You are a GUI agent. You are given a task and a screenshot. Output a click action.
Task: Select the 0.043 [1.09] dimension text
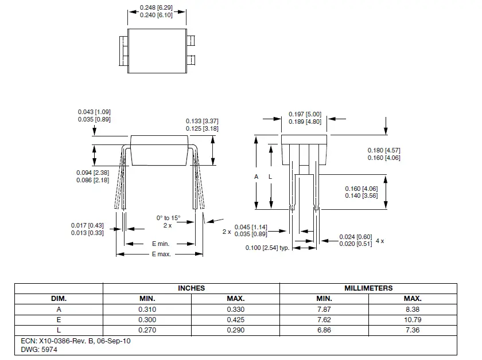pyautogui.click(x=94, y=111)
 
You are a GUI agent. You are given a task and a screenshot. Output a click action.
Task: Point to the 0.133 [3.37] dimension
pyautogui.click(x=202, y=121)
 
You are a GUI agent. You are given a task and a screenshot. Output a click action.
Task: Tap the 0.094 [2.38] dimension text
pyautogui.click(x=92, y=173)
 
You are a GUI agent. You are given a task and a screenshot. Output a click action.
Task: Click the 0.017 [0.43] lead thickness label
pyautogui.click(x=87, y=225)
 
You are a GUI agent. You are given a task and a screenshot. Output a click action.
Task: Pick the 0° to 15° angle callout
pyautogui.click(x=168, y=218)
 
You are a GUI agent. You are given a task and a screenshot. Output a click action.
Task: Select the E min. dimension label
pyautogui.click(x=160, y=244)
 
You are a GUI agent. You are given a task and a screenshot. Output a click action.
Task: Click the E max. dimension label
pyautogui.click(x=161, y=254)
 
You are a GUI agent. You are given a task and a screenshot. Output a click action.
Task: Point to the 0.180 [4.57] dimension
pyautogui.click(x=384, y=150)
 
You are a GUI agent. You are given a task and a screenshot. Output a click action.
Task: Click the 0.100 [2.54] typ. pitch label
pyautogui.click(x=267, y=248)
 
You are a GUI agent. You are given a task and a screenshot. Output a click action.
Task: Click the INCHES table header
pyautogui.click(x=191, y=288)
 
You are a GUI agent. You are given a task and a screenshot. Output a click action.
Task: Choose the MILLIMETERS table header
pyautogui.click(x=368, y=288)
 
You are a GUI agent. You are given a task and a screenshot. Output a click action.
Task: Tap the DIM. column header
pyautogui.click(x=59, y=299)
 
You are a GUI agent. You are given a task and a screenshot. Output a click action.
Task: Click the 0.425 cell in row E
pyautogui.click(x=235, y=320)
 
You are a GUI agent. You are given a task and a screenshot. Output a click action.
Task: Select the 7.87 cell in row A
pyautogui.click(x=324, y=310)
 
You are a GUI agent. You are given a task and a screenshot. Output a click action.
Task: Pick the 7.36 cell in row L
pyautogui.click(x=413, y=330)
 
